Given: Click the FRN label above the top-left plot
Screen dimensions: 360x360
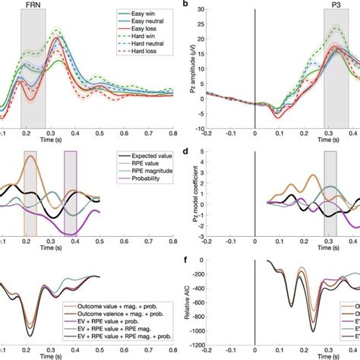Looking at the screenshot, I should pyautogui.click(x=33, y=5).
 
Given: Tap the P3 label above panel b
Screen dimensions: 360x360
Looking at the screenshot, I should pyautogui.click(x=336, y=5).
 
